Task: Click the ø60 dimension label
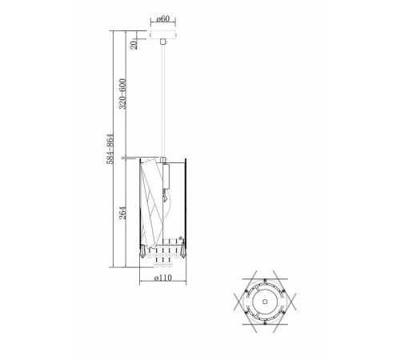163,19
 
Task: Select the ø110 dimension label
163,278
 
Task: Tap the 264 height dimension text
122,213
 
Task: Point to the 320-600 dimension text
122,94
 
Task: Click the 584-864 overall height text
110,149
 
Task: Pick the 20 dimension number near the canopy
134,45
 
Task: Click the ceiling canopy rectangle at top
163,35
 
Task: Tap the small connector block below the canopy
162,42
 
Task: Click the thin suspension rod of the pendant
163,101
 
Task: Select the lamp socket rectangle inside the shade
166,176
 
